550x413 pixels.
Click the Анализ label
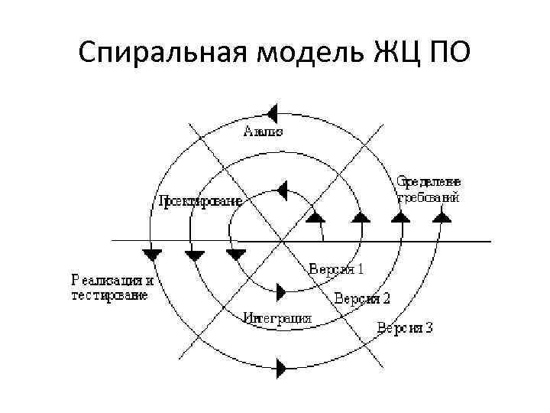coord(264,131)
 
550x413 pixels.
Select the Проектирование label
coord(201,202)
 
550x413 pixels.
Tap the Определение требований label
coord(429,190)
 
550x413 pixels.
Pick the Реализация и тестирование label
coord(112,287)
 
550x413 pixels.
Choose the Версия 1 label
coord(336,269)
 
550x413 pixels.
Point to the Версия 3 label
coord(405,328)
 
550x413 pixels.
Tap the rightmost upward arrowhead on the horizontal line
coord(441,217)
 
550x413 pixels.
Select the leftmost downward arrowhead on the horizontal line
coord(153,253)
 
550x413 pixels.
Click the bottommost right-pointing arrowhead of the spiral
coord(281,369)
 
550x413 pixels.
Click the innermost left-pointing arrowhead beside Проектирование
coord(281,188)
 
